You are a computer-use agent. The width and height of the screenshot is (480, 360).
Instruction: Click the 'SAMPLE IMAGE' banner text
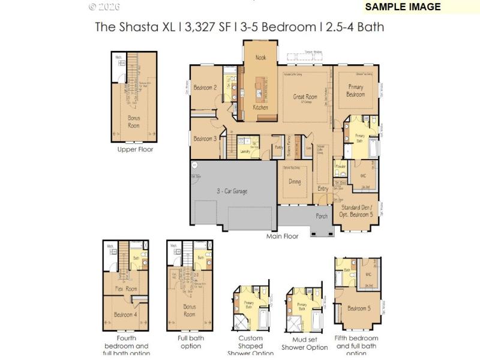coord(403,7)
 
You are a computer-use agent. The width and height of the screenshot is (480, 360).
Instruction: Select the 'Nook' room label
coord(260,58)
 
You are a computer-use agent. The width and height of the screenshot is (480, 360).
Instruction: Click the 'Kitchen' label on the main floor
coord(260,107)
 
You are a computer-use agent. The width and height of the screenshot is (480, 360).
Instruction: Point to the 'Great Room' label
coord(305,96)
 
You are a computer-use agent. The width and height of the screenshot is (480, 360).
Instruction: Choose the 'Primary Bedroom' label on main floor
coord(356,91)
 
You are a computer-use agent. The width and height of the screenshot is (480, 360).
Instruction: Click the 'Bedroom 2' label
coord(205,87)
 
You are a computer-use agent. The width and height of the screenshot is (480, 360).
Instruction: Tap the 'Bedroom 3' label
coord(205,139)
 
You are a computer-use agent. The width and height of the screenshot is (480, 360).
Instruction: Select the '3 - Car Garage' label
coord(232,191)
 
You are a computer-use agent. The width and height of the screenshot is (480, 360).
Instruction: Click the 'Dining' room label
coord(295,181)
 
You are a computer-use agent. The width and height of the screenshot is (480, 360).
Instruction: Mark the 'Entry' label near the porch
coord(323,188)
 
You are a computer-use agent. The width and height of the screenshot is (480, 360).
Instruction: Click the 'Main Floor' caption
coord(282,236)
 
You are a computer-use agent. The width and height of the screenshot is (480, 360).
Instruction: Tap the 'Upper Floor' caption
coord(134,149)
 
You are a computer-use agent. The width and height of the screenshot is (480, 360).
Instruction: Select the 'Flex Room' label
coord(126,289)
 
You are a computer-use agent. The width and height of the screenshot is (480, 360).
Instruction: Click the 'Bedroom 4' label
coord(126,314)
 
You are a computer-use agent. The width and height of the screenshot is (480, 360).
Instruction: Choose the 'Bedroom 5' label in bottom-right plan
coord(359,308)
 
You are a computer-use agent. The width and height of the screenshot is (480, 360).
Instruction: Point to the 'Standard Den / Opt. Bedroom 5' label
coord(355,211)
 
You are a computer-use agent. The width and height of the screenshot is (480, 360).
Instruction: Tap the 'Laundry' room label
coord(244,152)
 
